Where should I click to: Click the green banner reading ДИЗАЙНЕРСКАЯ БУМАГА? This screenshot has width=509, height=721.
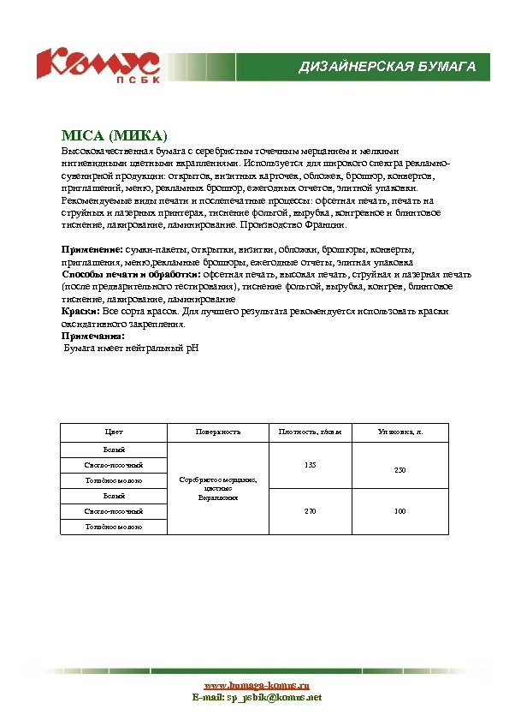(x=387, y=67)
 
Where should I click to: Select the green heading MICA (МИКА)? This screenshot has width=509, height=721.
(x=114, y=136)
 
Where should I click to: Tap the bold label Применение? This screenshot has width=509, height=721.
(x=92, y=248)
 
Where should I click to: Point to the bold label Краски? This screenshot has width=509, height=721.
(x=80, y=313)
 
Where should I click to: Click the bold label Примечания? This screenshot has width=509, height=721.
(x=92, y=337)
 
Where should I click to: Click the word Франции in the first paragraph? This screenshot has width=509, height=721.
(x=326, y=225)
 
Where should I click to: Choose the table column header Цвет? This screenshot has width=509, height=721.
(x=114, y=432)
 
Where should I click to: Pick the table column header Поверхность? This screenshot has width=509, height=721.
(x=217, y=432)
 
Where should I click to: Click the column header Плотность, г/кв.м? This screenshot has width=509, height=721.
(x=310, y=432)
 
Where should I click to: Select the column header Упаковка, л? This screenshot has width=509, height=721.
(x=400, y=432)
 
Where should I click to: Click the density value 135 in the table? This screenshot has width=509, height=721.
(x=310, y=465)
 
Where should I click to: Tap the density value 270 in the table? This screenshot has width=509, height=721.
(x=310, y=511)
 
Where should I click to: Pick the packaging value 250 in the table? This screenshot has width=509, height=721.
(x=400, y=471)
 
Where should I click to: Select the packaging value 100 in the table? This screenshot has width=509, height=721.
(x=400, y=511)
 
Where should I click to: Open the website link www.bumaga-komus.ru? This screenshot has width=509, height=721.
(x=256, y=686)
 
